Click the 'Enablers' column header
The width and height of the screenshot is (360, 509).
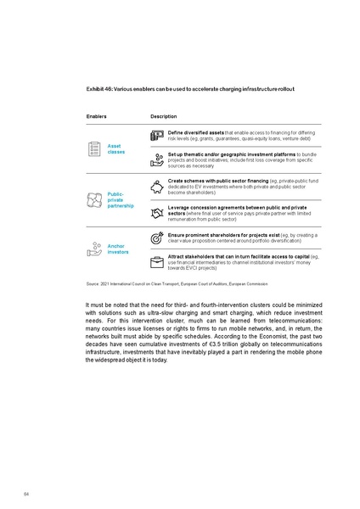(98, 115)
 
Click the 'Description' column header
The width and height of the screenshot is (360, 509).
(164, 115)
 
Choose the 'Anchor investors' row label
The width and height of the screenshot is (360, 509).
(117, 249)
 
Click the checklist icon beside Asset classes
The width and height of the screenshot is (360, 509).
(95, 148)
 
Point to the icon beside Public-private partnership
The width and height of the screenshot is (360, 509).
(95, 199)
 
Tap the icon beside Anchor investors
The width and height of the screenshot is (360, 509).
(95, 249)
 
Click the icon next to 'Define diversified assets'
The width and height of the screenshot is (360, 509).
(156, 136)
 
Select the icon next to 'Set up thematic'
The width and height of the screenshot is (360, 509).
(156, 158)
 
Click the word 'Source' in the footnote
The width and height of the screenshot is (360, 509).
(93, 282)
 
